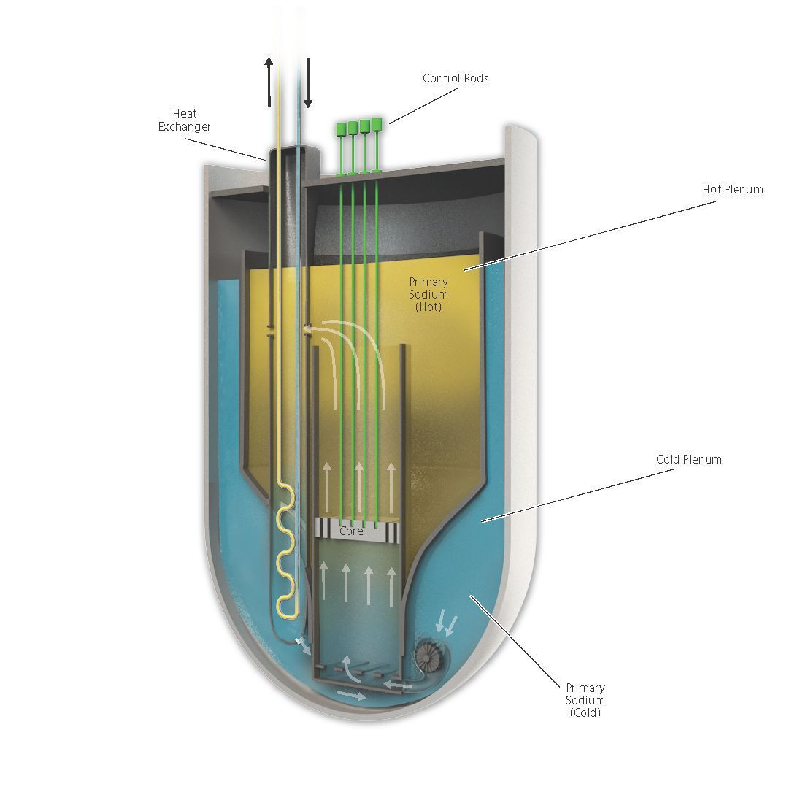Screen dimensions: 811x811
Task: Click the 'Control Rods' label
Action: pyautogui.click(x=456, y=78)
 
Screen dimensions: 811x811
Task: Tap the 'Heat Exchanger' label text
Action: pyautogui.click(x=184, y=120)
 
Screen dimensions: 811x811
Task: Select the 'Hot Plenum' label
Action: pyautogui.click(x=732, y=189)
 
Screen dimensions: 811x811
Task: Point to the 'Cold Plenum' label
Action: pyautogui.click(x=688, y=459)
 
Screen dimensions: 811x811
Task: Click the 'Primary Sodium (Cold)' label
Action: pyautogui.click(x=585, y=700)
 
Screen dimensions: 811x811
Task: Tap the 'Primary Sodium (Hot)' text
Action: pyautogui.click(x=428, y=294)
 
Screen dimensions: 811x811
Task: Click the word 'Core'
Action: pyautogui.click(x=351, y=531)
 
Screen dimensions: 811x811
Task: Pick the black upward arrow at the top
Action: pyautogui.click(x=269, y=81)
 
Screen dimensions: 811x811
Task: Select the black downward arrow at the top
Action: pyautogui.click(x=308, y=81)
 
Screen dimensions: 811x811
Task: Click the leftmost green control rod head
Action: pyautogui.click(x=341, y=130)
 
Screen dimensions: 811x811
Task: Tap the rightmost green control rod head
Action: pyautogui.click(x=377, y=123)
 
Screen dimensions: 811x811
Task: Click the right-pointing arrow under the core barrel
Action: pyautogui.click(x=350, y=696)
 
